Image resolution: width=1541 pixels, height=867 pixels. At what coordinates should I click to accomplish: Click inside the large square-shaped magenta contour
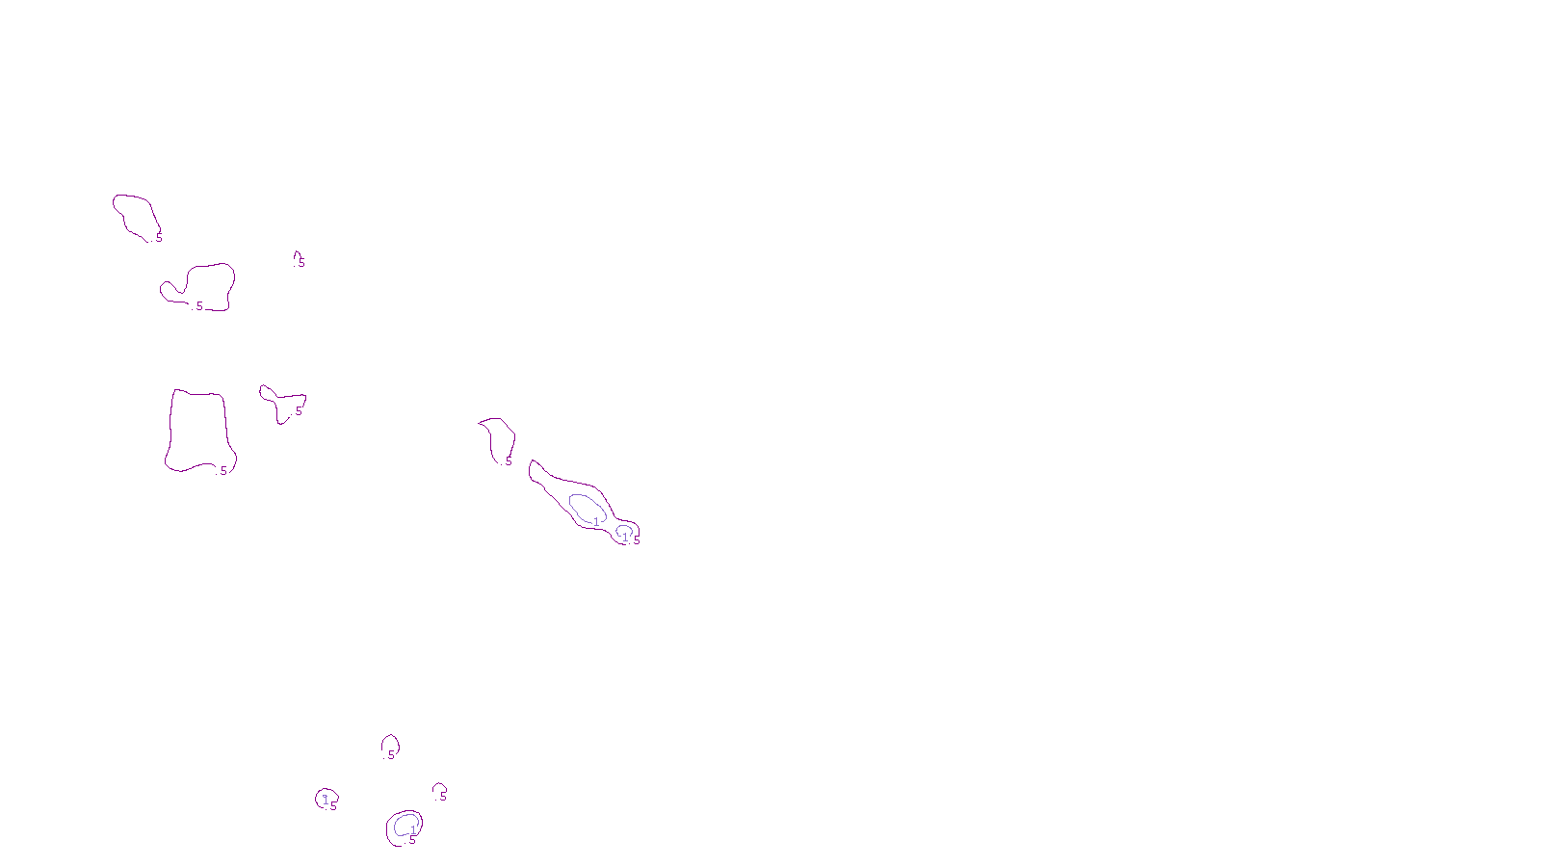coord(199,431)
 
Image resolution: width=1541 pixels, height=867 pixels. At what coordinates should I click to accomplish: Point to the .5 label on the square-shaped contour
coord(222,471)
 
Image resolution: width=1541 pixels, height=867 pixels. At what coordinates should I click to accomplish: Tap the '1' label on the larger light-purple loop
coord(596,521)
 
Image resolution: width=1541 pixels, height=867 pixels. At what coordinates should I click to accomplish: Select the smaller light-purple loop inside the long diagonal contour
coord(624,530)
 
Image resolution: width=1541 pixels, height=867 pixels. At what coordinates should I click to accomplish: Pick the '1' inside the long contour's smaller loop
coord(625,538)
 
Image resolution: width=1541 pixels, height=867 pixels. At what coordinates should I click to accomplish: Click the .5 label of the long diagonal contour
coord(636,540)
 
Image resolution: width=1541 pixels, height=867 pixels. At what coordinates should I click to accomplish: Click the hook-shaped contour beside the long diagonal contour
coord(499,438)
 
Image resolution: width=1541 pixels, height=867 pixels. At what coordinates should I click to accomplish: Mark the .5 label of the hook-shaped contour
coord(508,461)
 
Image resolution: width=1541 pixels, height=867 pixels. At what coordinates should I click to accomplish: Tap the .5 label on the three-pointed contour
coord(298,411)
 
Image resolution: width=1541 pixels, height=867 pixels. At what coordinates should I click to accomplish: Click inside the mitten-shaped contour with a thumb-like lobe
coord(207,286)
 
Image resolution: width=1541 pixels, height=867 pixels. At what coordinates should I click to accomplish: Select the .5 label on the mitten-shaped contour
coord(198,306)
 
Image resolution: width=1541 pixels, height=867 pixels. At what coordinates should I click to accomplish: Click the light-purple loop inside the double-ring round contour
coord(405,824)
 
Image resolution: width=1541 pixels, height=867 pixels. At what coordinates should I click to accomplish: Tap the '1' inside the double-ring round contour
coord(413,829)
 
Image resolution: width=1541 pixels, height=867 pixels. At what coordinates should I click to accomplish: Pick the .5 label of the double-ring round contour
coord(412,840)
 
